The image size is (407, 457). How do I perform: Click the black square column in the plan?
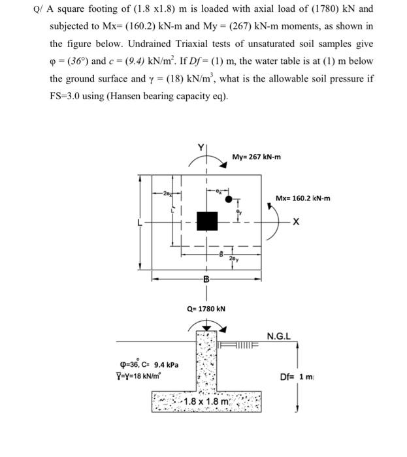[x=207, y=221]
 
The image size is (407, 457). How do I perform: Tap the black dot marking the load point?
[x=229, y=199]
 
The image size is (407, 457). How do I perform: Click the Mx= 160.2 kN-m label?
[x=302, y=197]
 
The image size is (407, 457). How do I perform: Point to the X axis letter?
[x=296, y=222]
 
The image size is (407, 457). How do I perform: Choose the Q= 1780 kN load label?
[x=206, y=308]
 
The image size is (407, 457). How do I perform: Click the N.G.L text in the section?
[x=279, y=336]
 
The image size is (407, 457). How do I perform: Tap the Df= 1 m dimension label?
[x=296, y=377]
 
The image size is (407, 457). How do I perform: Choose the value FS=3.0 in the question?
[x=70, y=97]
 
